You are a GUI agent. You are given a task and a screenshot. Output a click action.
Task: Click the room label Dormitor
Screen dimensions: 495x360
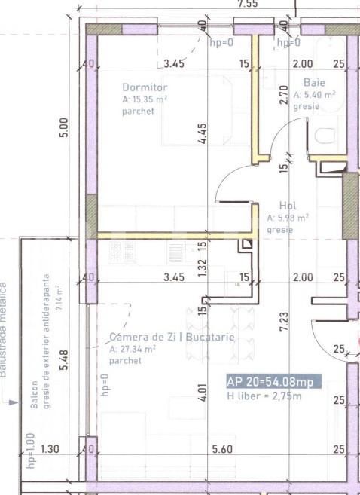point(139,87)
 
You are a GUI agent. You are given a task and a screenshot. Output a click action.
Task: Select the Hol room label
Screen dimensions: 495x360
point(287,205)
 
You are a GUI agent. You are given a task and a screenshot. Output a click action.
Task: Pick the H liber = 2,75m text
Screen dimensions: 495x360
point(264,396)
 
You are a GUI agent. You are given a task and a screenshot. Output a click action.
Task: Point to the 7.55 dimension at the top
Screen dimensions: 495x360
point(248,4)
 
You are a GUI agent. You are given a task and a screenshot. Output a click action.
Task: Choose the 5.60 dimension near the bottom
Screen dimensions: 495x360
point(221,450)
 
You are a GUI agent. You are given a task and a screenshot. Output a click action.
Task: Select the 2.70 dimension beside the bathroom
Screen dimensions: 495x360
point(284,94)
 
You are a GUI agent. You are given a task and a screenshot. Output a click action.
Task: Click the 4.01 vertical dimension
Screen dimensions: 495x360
point(202,393)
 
